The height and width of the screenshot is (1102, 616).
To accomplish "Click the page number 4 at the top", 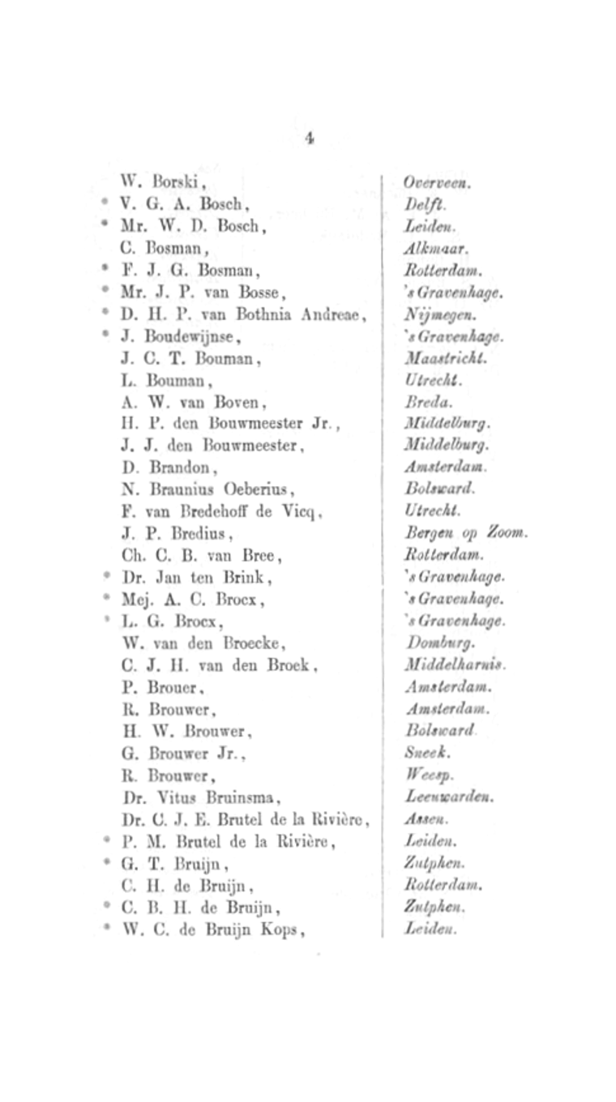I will [309, 138].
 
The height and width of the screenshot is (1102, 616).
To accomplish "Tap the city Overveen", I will [437, 183].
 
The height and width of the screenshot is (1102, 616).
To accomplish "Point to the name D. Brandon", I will [169, 468].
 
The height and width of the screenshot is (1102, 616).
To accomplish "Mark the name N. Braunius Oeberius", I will [208, 489].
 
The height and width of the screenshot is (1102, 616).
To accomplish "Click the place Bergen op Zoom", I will [465, 533].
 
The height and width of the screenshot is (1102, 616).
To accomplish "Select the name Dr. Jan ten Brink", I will [197, 578].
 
